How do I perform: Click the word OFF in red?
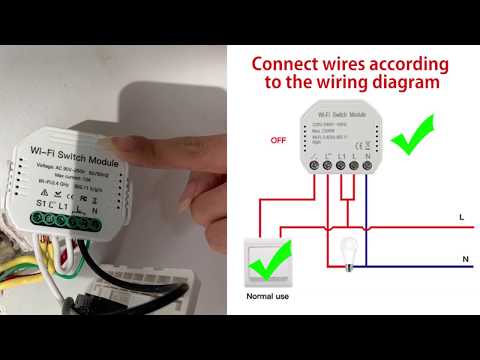pos(279,140)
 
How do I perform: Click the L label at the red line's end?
pos(460,216)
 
